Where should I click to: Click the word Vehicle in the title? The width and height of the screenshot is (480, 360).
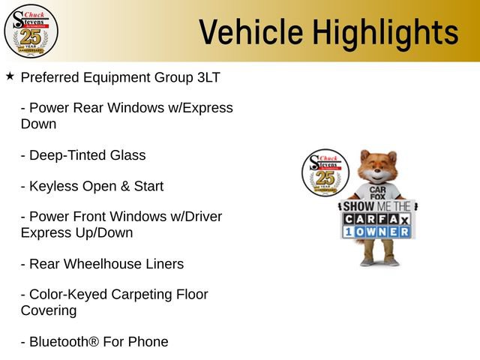pos(251,31)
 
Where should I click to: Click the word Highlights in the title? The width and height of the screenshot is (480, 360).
pos(385,34)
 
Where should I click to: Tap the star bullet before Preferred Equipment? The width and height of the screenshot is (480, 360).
pos(10,76)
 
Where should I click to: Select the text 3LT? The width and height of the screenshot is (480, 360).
pos(208,77)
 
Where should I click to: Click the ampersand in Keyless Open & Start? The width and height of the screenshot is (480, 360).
pos(125,187)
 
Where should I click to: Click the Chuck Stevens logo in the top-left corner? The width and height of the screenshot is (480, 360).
pos(31,31)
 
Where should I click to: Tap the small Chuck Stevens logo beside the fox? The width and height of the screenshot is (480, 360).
pos(325,172)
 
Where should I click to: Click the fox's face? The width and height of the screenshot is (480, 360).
pos(378,170)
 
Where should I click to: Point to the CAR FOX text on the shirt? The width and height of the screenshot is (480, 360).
pos(378,193)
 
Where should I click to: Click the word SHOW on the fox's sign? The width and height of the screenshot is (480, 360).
pos(358,207)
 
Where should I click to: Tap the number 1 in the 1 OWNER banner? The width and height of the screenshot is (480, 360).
pos(348,232)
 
